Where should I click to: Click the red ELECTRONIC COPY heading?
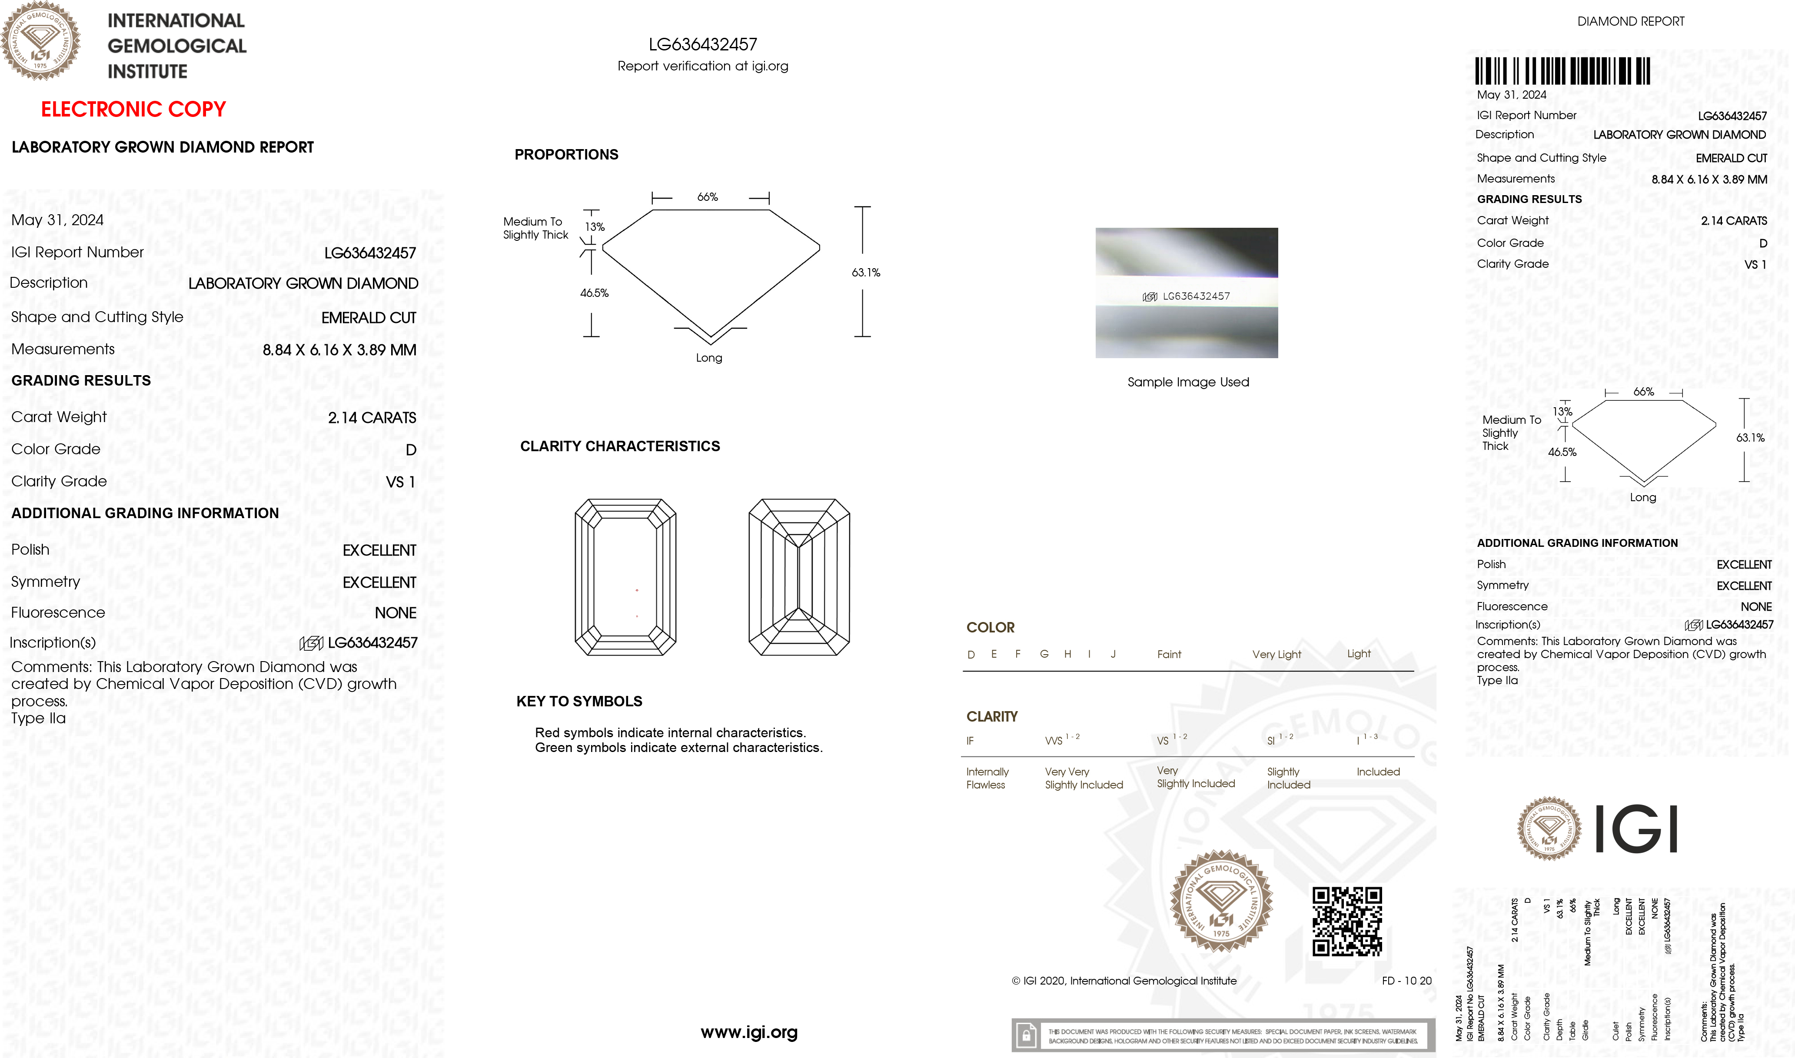(133, 109)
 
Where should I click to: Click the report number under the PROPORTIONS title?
(702, 44)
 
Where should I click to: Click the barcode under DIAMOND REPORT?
(1562, 71)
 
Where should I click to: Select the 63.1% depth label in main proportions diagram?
(865, 273)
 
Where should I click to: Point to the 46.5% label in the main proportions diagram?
(594, 293)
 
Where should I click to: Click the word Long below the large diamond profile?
(708, 358)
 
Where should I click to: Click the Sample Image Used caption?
(1188, 382)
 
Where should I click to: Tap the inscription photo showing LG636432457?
(1186, 293)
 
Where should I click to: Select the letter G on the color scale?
(1044, 654)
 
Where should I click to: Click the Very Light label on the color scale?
(1276, 655)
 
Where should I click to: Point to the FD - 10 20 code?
(1406, 981)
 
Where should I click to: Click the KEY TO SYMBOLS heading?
(579, 702)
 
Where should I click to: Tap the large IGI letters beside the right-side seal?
(1635, 829)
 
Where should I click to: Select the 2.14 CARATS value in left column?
(372, 418)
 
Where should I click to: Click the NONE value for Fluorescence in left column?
(395, 613)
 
